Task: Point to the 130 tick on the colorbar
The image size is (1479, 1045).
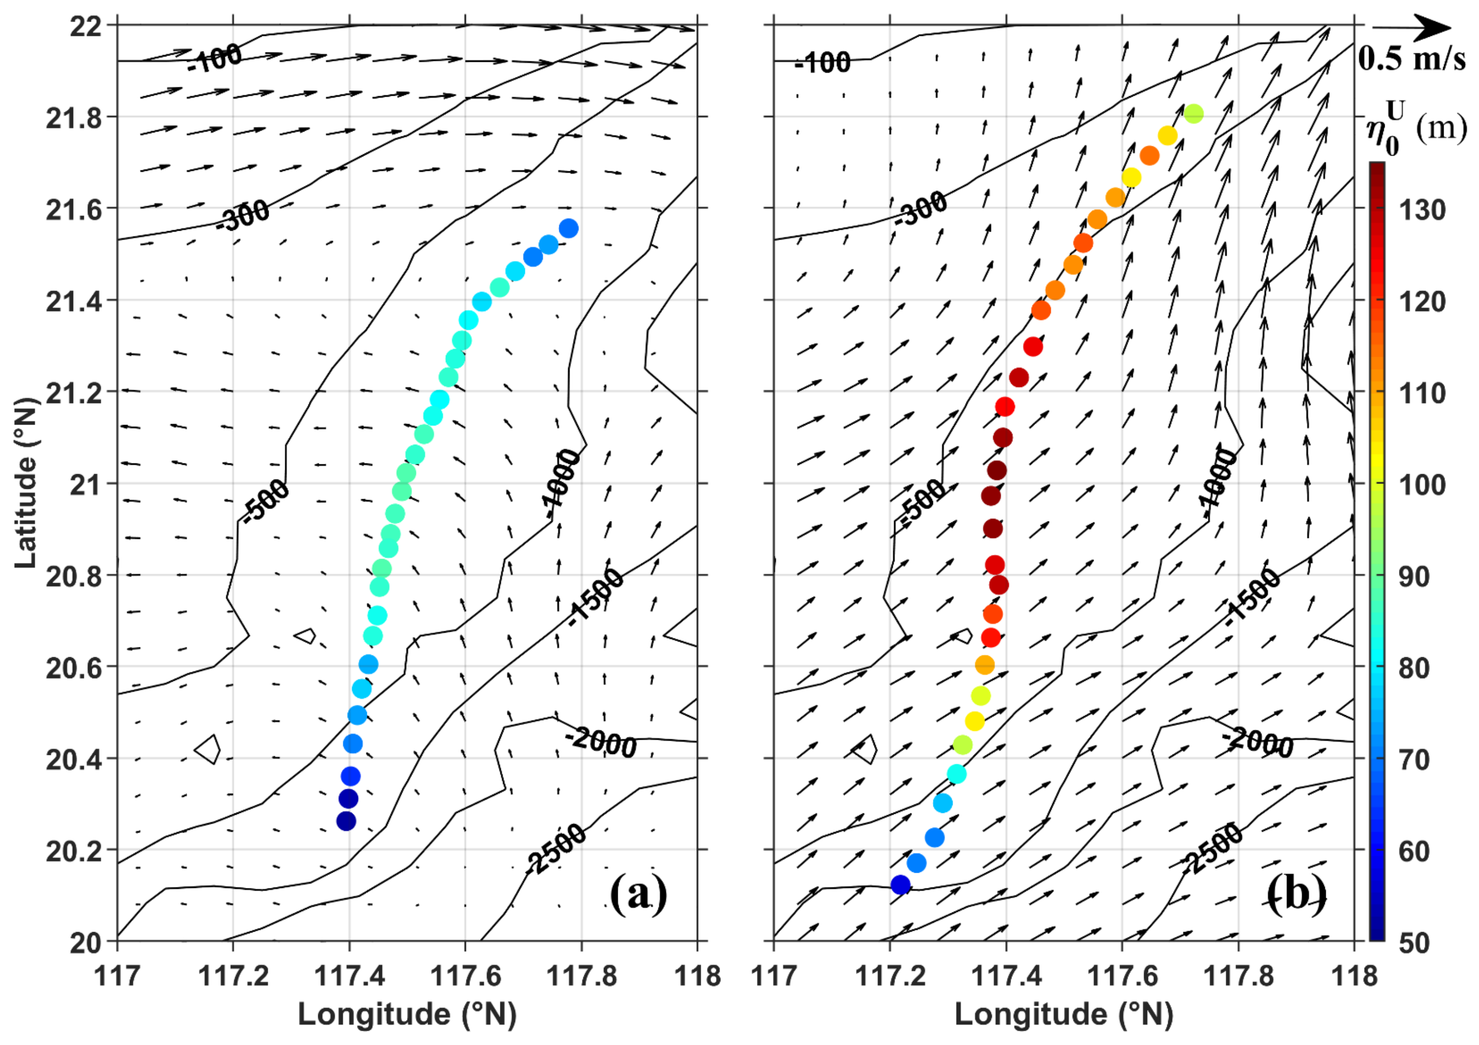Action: click(1421, 210)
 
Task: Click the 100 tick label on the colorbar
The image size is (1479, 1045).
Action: click(1421, 484)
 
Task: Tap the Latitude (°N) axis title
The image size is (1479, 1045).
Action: click(26, 483)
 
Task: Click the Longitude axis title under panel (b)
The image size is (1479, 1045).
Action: click(1064, 1014)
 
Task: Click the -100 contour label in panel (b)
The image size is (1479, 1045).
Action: click(822, 63)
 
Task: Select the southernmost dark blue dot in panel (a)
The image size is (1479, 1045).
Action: click(346, 821)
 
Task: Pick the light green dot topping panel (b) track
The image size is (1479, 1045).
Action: click(1194, 114)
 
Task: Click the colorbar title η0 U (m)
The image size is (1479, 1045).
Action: click(1416, 129)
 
